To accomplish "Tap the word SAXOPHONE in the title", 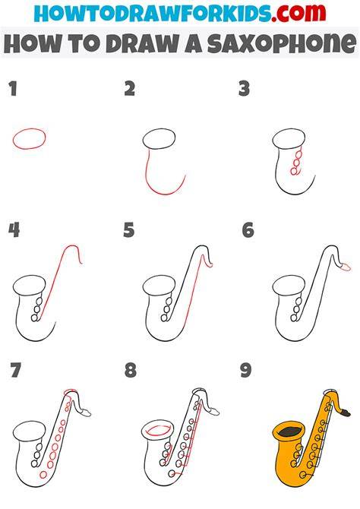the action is point(282,43).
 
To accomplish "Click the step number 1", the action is point(13,89).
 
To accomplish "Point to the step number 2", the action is point(130,89).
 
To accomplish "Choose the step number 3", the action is point(244,89).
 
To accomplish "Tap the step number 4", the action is point(14,230).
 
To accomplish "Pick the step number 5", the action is point(129,230).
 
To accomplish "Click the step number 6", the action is point(248,230).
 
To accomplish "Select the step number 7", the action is point(16,370).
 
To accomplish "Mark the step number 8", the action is point(130,370).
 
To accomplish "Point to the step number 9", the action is point(246,370).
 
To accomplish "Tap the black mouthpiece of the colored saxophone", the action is point(345,413).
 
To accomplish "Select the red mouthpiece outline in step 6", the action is point(345,267).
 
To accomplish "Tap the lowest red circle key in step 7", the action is point(43,475).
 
